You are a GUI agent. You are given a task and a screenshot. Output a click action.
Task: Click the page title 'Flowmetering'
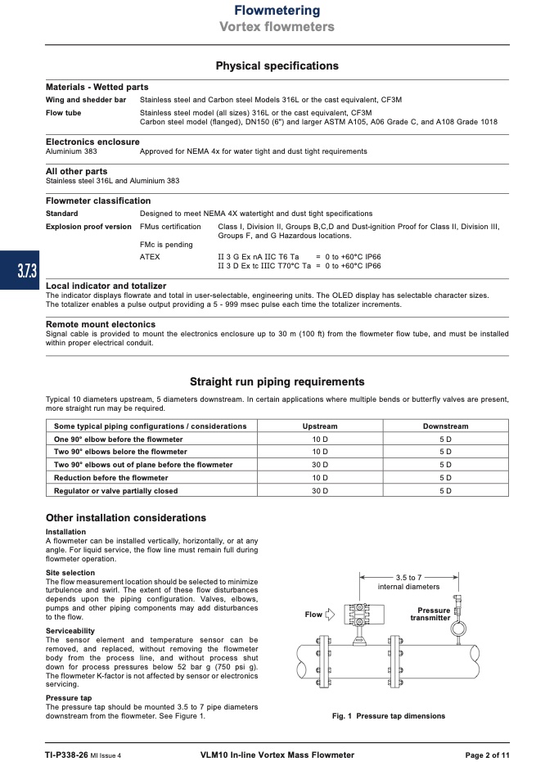pos(277,11)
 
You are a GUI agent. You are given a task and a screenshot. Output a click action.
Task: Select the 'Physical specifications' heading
pos(277,65)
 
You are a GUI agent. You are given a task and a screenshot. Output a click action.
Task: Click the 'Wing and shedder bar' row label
pos(86,100)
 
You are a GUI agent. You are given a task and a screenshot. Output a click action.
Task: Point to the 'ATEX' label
pos(150,256)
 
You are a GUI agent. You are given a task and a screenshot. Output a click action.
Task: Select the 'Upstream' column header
pos(319,426)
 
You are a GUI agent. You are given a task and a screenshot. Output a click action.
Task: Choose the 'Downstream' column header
pos(445,426)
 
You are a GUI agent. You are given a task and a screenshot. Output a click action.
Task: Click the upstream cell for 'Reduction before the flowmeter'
pos(319,478)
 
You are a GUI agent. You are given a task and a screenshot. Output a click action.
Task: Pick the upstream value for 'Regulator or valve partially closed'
pos(319,491)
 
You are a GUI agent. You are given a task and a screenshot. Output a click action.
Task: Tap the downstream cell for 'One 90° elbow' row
pos(445,439)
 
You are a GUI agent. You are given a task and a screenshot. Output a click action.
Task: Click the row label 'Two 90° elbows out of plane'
pos(143,465)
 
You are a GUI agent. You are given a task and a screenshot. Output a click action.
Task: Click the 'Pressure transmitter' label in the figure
pos(433,614)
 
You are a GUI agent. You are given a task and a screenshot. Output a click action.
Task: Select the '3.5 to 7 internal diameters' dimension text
pos(408,582)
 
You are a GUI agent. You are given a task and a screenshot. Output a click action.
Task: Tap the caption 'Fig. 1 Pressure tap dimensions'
pos(388,716)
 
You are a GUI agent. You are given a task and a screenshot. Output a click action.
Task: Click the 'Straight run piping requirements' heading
pos(277,381)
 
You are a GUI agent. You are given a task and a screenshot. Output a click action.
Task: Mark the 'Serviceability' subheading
pos(70,631)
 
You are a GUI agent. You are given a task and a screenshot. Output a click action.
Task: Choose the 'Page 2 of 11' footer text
pos(487,755)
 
